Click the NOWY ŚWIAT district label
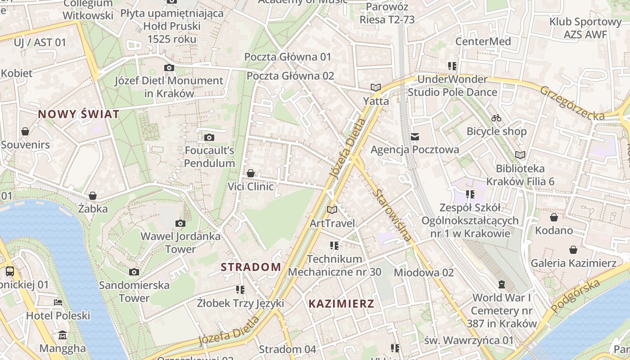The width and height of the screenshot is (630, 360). point(79,114)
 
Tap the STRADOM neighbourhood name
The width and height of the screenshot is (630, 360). point(251,267)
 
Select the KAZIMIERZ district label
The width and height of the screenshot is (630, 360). point(341,304)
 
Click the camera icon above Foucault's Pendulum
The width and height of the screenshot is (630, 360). point(209,137)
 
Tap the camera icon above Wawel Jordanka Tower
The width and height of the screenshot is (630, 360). point(180,223)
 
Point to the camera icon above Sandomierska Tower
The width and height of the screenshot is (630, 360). point(134,272)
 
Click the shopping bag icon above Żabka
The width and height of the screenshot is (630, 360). point(93,196)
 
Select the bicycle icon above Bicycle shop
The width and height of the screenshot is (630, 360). point(496,118)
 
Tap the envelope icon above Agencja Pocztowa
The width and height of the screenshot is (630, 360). point(414,136)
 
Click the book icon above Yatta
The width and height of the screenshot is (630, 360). point(376,87)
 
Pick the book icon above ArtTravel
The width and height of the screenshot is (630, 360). point(332,210)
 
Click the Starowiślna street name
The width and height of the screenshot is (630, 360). point(392,215)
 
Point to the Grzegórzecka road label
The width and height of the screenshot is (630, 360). point(572,103)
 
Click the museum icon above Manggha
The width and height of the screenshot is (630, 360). point(63,335)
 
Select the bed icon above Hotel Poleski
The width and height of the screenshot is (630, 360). point(58,302)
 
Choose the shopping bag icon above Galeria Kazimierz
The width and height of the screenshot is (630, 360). point(573,249)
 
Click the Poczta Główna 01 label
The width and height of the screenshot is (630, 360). point(288,57)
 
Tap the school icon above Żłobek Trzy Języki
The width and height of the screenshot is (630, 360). point(240,289)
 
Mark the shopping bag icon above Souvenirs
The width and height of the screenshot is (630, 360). point(25,131)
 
